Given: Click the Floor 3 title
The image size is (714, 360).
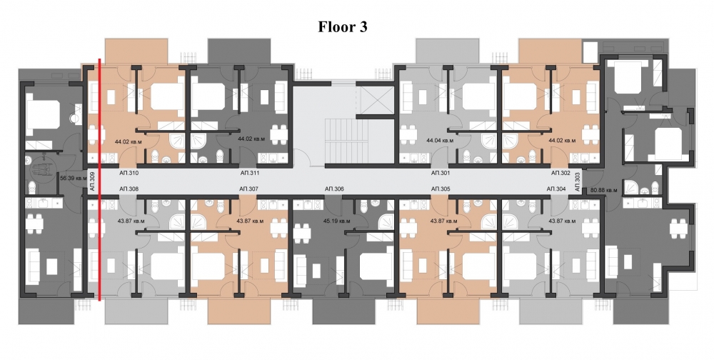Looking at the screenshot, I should tap(343, 28).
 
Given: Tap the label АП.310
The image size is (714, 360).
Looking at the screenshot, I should tap(129, 173).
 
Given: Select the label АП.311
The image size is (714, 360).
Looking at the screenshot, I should tap(249, 173).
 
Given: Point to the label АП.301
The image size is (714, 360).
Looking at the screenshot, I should tap(441, 173).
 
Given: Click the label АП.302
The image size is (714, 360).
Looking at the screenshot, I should tap(560, 173).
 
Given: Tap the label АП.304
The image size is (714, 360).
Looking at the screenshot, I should tap(555, 189).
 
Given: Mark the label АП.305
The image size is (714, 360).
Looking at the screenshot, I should tap(441, 189).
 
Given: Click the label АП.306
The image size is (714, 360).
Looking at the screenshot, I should tap(334, 189).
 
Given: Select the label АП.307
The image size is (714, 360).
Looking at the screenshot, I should tap(248, 189).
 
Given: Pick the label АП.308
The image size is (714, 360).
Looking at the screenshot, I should tap(129, 189).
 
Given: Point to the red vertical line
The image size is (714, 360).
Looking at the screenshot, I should tap(99, 179).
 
